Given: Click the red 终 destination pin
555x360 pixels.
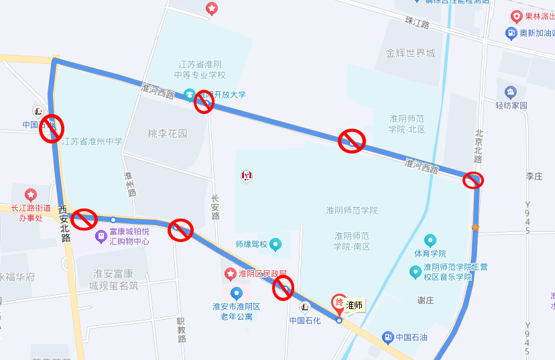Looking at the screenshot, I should coord(339,303).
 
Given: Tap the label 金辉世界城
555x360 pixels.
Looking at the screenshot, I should coord(411,53).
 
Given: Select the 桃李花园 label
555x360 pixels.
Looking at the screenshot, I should coord(168,133).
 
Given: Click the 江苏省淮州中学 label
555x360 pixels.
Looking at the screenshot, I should coord(92,141).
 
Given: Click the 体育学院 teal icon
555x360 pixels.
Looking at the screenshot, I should coord(430,241).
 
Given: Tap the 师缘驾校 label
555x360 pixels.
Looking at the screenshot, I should coord(251,245).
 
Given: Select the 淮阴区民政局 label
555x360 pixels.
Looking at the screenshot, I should coord(263,274).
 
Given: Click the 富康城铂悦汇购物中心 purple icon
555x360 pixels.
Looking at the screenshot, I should coord(101,235).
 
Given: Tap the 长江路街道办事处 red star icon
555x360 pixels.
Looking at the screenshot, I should coord(30,194).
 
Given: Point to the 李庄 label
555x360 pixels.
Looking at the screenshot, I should coord(534,176).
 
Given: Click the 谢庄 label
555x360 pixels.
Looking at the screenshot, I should coord(425,300).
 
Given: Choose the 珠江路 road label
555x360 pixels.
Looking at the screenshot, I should coord(417,22).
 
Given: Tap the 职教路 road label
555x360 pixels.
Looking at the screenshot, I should coord(181,330).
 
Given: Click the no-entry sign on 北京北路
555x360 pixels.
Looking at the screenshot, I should coord(473,180).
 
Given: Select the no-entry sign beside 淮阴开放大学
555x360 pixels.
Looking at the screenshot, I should coord(204,103).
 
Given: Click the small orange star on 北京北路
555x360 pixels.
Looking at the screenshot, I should coord(475,228).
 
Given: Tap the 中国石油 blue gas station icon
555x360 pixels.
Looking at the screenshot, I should coord(387,337).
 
